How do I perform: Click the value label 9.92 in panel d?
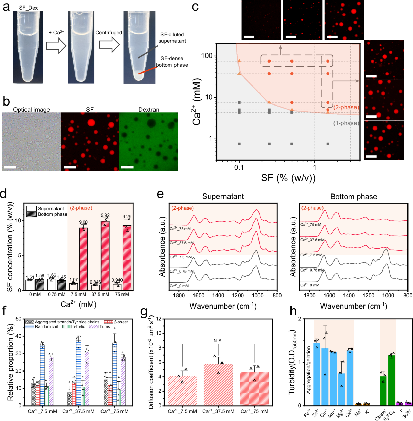[x=105, y=215]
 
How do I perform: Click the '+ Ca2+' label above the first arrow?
[x=56, y=32]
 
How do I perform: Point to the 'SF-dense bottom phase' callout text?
[x=172, y=62]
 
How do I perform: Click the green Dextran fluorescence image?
[x=148, y=142]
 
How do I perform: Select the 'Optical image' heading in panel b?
[x=31, y=110]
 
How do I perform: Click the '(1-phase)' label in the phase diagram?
[x=346, y=123]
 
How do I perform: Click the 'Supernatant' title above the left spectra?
[x=223, y=197]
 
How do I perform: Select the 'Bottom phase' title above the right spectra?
[x=353, y=197]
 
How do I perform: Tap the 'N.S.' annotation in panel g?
[x=218, y=341]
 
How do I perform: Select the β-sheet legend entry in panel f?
[x=120, y=322]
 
